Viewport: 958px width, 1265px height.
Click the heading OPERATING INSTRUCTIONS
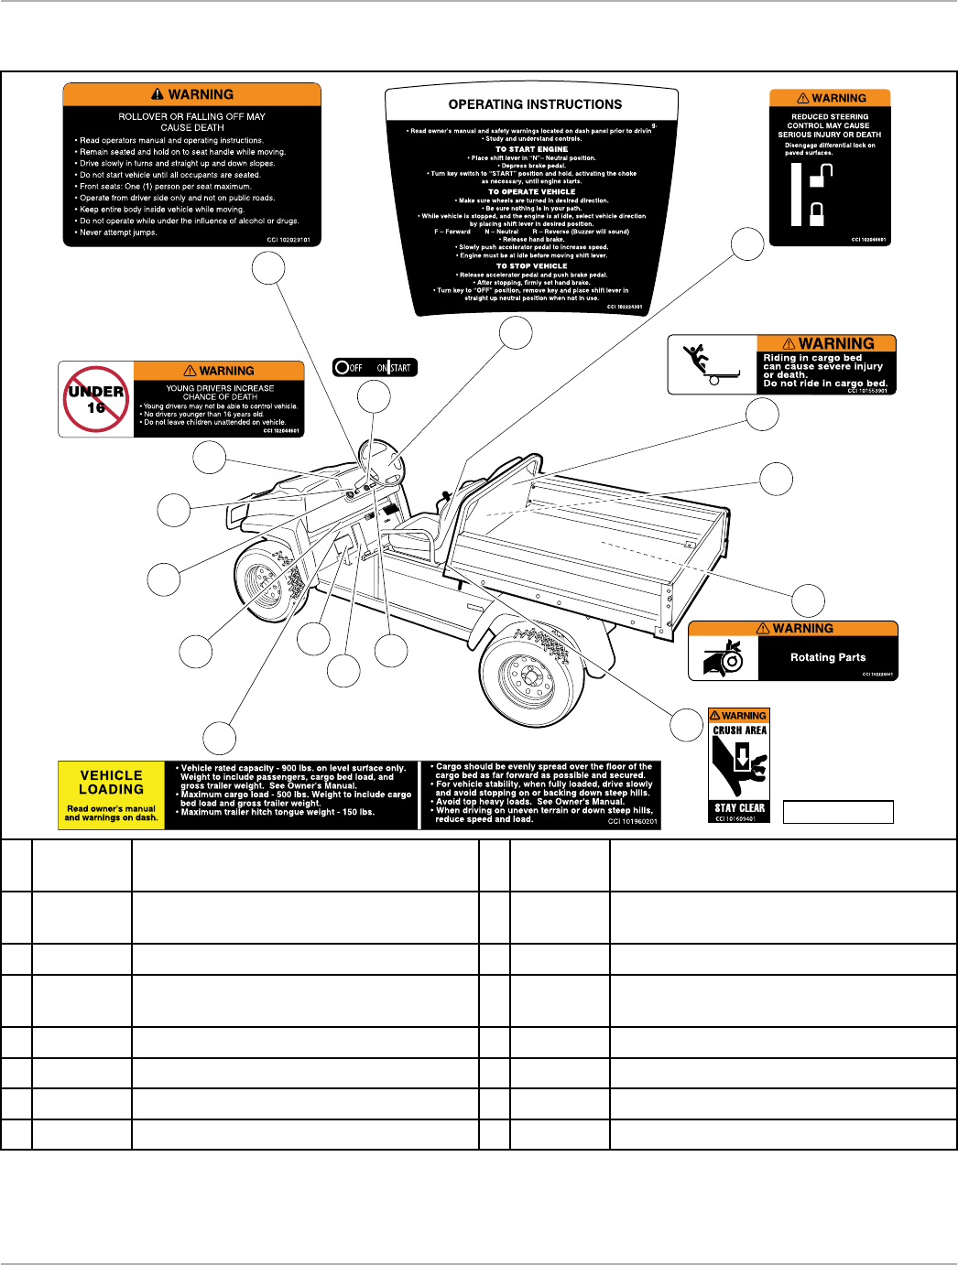pyautogui.click(x=535, y=104)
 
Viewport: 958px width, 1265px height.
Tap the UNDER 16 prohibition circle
pyautogui.click(x=96, y=399)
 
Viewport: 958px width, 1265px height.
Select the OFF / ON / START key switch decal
pyautogui.click(x=375, y=368)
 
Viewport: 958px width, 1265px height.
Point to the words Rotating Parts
pyautogui.click(x=827, y=657)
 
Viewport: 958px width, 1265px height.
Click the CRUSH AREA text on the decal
pyautogui.click(x=739, y=730)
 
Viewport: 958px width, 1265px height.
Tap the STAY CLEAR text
pyautogui.click(x=739, y=808)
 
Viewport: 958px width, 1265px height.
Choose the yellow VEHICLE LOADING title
pyautogui.click(x=111, y=783)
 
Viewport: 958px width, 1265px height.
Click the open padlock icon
pyautogui.click(x=821, y=175)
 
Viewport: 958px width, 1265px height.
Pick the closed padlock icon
pyautogui.click(x=816, y=214)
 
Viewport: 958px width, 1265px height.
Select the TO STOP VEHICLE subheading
pyautogui.click(x=531, y=266)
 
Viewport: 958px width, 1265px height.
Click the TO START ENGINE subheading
pyautogui.click(x=531, y=149)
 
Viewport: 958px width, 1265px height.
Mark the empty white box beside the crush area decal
pyautogui.click(x=838, y=812)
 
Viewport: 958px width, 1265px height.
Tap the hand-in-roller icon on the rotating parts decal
pyautogui.click(x=724, y=658)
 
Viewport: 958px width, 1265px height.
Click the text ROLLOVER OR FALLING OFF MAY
pyautogui.click(x=191, y=116)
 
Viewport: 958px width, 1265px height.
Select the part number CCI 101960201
pyautogui.click(x=632, y=822)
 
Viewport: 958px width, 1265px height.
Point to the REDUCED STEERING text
pyautogui.click(x=830, y=117)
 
